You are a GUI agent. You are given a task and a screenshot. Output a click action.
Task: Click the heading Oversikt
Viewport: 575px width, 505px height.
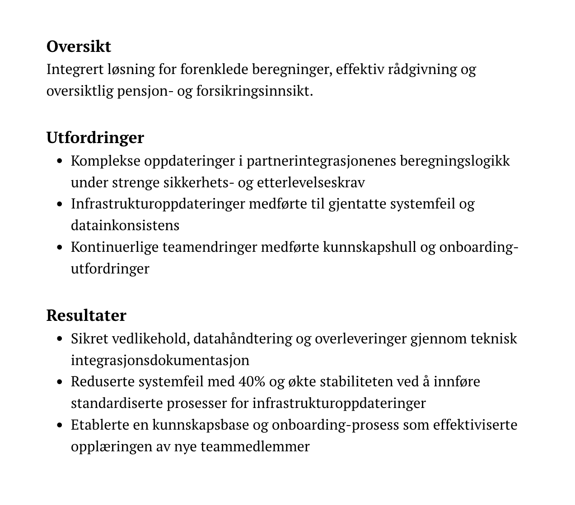[79, 46]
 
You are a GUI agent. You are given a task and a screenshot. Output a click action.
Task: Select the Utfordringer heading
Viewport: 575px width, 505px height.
[95, 137]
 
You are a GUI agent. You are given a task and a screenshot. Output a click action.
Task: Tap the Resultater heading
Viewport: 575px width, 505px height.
[86, 315]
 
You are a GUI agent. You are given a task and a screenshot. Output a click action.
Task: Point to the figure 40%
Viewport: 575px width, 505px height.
[252, 382]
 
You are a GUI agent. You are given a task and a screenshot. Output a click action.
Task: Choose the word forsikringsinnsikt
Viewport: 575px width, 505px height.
[254, 91]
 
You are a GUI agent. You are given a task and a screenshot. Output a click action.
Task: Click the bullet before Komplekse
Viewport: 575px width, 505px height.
[60, 161]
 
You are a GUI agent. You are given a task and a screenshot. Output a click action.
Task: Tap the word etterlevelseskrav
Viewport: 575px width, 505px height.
[311, 183]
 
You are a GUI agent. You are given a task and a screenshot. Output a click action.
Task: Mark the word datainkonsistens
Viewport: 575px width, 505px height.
[125, 225]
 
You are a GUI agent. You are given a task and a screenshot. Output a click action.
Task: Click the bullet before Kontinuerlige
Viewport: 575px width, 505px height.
[60, 247]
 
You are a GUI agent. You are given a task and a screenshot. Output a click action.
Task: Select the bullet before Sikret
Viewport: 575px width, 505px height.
[60, 339]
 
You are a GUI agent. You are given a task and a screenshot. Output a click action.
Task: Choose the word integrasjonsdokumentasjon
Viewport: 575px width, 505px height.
[160, 360]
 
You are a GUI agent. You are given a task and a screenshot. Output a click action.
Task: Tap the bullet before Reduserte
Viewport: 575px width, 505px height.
[60, 382]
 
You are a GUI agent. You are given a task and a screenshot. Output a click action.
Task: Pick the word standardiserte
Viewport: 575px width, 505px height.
[117, 403]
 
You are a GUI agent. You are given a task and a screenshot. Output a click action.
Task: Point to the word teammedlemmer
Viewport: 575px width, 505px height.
[255, 447]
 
